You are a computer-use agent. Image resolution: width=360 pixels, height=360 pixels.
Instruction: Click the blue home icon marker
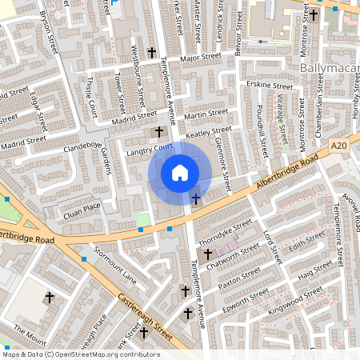180,173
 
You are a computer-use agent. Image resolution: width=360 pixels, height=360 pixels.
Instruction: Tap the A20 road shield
339,146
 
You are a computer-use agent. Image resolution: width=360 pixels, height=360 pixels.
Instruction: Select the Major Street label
199,58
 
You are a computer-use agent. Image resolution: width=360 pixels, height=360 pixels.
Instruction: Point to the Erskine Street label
270,86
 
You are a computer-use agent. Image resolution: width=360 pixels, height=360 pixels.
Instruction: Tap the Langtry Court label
150,149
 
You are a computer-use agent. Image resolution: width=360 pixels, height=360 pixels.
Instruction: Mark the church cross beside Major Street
152,53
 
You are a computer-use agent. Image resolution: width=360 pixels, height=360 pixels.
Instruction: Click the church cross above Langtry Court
158,130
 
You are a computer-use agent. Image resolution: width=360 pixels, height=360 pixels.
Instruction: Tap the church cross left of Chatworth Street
208,254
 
